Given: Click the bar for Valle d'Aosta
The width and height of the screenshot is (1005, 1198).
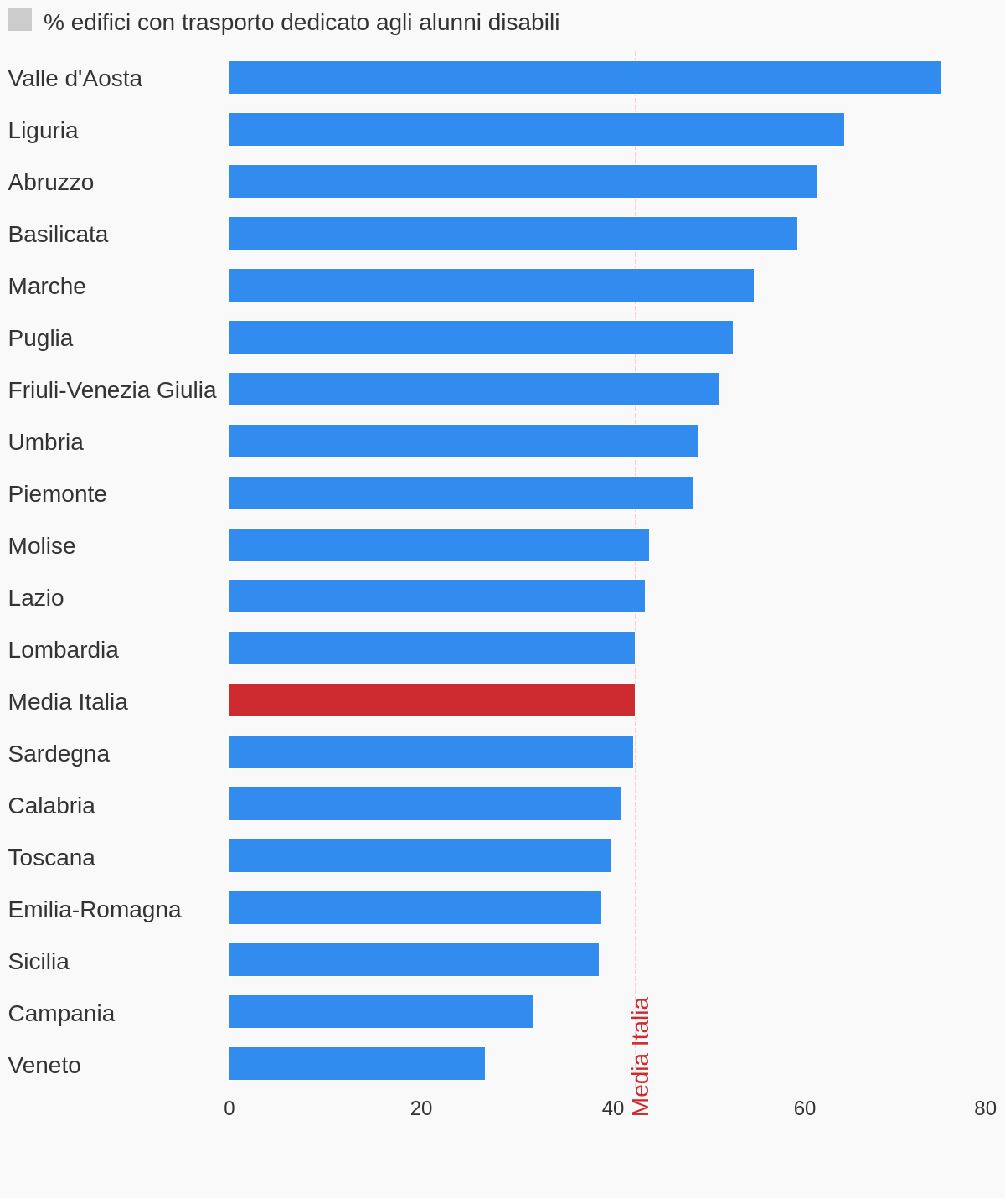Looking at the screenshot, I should [x=585, y=78].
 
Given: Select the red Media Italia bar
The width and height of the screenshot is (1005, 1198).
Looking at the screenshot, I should [x=432, y=700].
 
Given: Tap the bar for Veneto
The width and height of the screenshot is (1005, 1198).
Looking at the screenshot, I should [x=357, y=1064].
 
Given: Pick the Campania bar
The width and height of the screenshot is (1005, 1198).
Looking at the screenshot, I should [x=381, y=1012].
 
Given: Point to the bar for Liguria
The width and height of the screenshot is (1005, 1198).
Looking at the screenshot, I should [x=536, y=130].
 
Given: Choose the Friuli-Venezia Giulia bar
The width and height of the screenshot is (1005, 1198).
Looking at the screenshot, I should [x=474, y=390].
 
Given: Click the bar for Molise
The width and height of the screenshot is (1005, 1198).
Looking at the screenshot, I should [x=439, y=545].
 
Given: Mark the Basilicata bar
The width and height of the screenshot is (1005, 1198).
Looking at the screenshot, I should [x=513, y=234].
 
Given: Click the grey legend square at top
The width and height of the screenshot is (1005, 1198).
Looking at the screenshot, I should [x=20, y=20].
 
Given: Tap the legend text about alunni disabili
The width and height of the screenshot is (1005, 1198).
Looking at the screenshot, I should [x=301, y=23].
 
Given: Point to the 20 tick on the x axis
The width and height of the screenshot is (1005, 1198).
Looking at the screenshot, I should [x=421, y=1108].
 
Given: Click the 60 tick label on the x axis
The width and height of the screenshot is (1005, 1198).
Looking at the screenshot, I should [x=805, y=1108].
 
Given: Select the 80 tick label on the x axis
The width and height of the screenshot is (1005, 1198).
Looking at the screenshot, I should [x=985, y=1108].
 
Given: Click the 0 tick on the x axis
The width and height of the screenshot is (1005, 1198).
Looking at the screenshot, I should [x=229, y=1108].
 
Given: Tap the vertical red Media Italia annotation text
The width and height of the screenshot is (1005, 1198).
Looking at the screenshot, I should [x=641, y=1056].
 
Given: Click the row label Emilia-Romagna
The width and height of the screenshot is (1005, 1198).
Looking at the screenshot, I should [x=95, y=910].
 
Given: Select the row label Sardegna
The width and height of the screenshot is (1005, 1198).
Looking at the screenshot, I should [x=59, y=754].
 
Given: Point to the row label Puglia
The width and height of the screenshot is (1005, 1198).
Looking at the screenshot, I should [x=40, y=338].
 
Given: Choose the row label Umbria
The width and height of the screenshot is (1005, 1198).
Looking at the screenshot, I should [x=46, y=442].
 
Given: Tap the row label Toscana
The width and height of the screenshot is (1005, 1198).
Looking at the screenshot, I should [x=52, y=858].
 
